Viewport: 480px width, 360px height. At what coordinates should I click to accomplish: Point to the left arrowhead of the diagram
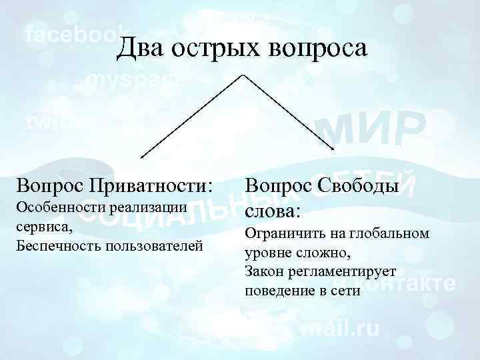pos(142,157)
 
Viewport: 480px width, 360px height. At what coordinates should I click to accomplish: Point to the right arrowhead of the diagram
pos(331,148)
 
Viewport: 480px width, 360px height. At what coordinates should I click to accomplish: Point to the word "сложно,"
pos(319,253)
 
